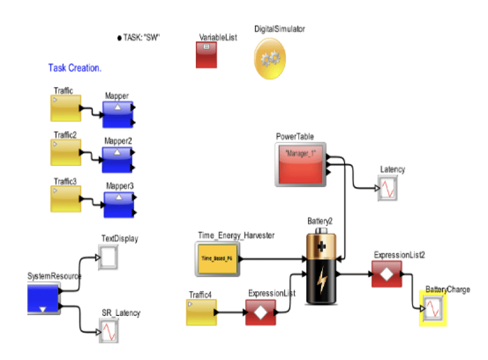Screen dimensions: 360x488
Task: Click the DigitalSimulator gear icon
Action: [x=270, y=58]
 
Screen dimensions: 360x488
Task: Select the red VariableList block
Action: [x=208, y=55]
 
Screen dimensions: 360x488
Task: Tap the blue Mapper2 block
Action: [x=117, y=160]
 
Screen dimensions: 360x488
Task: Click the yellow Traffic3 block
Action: [x=66, y=199]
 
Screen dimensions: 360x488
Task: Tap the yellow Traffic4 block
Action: [x=201, y=312]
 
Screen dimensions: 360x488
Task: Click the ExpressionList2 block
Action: [x=386, y=274]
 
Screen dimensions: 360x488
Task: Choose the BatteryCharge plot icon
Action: [x=433, y=309]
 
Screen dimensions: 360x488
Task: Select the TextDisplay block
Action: [x=108, y=256]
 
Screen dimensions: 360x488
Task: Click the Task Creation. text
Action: [x=75, y=68]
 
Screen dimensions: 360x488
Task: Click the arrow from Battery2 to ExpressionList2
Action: [x=354, y=274]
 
